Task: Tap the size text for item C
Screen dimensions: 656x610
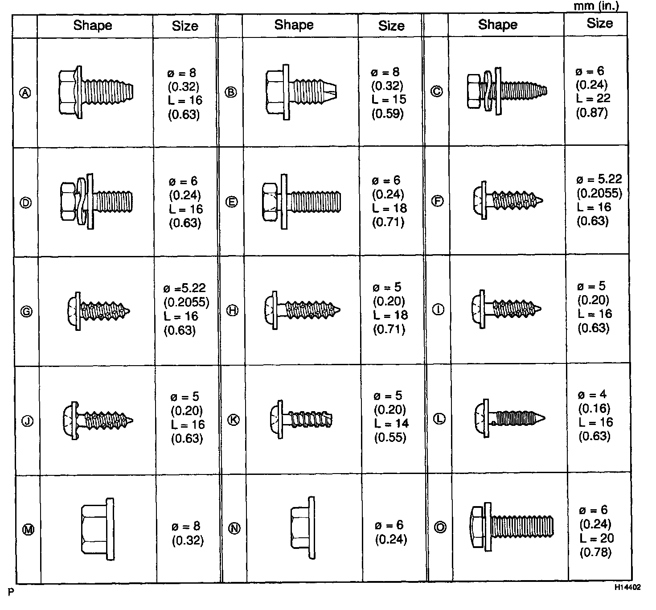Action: coord(593,92)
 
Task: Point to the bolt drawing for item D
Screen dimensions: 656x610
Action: coord(96,202)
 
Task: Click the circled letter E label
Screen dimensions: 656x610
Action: coord(232,202)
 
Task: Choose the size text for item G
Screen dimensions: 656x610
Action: coord(186,309)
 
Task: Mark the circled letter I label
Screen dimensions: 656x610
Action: coord(438,309)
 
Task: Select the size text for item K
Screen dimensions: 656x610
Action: coord(391,416)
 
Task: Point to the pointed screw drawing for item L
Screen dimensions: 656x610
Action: coord(508,418)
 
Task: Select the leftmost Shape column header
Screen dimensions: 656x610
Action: coord(93,25)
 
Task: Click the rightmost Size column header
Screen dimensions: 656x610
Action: coord(599,24)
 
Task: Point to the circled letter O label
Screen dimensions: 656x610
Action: coord(440,528)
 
